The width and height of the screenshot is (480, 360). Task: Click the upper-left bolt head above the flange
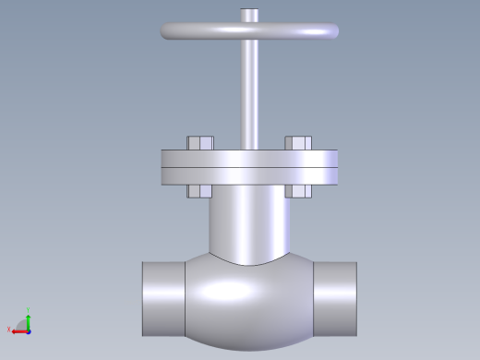click(x=200, y=143)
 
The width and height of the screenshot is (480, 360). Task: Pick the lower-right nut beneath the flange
click(x=298, y=191)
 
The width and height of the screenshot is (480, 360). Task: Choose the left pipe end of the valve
click(x=162, y=298)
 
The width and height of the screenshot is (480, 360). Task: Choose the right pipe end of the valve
click(x=337, y=298)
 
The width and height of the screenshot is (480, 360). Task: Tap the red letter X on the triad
click(x=9, y=330)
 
